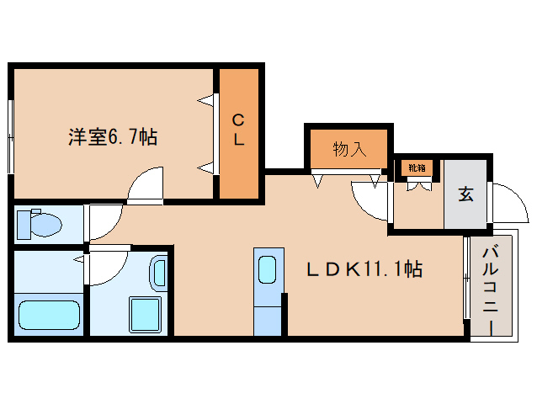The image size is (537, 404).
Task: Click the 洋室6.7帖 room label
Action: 112,137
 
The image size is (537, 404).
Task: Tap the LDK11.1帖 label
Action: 364,269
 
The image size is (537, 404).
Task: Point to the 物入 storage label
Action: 349,150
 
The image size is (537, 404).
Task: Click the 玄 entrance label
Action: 465,194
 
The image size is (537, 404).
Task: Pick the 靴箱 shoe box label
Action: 417,167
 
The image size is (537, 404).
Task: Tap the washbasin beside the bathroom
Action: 159,272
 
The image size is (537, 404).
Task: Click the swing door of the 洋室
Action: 148,185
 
